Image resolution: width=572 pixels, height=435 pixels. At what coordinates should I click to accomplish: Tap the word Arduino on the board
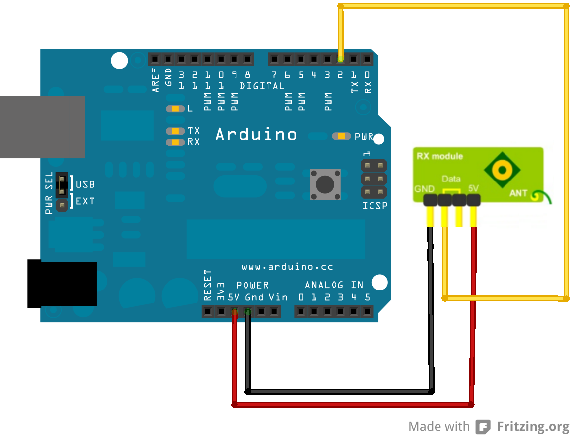(x=256, y=134)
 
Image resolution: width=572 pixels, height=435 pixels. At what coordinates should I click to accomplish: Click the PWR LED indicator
(x=341, y=136)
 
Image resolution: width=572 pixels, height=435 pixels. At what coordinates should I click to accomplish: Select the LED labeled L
(x=175, y=109)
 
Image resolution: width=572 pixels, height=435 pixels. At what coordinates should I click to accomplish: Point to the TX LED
(x=175, y=131)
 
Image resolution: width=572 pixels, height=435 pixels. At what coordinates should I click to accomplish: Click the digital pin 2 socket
(x=340, y=60)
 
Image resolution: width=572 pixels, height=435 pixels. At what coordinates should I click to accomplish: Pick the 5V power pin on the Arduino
(x=235, y=312)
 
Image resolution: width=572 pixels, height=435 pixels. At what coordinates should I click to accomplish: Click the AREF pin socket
(x=155, y=60)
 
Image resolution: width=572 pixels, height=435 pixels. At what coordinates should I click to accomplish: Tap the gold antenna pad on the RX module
(x=502, y=171)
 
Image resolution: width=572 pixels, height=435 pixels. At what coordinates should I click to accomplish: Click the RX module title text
(x=440, y=156)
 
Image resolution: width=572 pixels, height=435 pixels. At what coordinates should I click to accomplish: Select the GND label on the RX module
(x=424, y=189)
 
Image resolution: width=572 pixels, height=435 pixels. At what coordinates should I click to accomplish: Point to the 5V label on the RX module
(x=473, y=189)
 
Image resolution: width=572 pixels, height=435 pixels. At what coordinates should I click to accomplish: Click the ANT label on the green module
(x=518, y=193)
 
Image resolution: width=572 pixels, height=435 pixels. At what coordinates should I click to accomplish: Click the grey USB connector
(x=42, y=127)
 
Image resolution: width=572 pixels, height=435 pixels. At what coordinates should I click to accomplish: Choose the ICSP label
(x=374, y=206)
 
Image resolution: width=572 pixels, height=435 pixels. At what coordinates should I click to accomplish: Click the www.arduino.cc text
(x=287, y=267)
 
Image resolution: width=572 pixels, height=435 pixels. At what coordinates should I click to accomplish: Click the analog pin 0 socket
(x=301, y=312)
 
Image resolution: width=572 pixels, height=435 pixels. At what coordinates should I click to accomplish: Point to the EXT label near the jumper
(x=85, y=201)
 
